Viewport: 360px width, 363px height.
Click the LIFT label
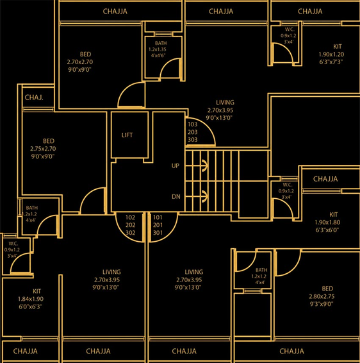[127, 135]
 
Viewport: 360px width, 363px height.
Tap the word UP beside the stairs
[176, 165]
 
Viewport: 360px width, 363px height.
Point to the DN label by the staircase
[176, 196]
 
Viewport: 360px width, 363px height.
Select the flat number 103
[193, 124]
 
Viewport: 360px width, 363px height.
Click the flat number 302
[130, 233]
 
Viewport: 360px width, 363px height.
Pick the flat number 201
[158, 225]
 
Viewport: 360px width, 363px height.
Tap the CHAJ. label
[34, 97]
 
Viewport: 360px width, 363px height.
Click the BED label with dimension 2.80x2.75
[327, 289]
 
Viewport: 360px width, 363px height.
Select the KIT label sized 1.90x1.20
[338, 47]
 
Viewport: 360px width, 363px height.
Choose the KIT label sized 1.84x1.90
[37, 291]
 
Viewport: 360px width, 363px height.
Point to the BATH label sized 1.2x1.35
[161, 44]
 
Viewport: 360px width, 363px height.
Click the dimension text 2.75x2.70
[43, 149]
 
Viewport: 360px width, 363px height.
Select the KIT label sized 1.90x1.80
[333, 214]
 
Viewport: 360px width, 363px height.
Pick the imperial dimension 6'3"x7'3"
[331, 62]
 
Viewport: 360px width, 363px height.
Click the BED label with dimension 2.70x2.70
[86, 54]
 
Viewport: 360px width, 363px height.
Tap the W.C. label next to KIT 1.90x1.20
[290, 30]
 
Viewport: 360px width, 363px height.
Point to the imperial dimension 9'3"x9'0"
[322, 304]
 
